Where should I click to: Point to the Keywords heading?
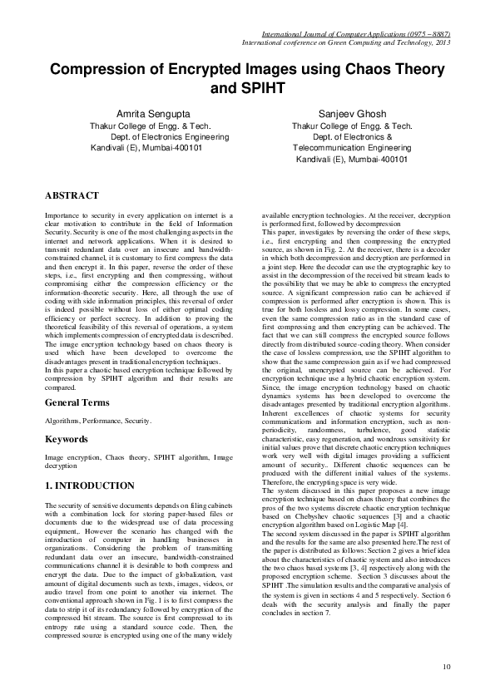(67, 438)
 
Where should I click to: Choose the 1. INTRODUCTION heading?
(89, 485)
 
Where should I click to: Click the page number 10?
(447, 666)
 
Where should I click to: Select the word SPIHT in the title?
(259, 86)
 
